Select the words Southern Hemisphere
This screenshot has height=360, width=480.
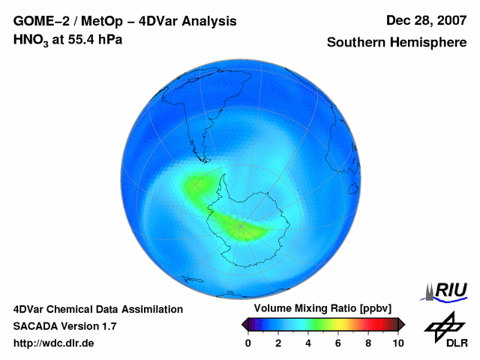click(396, 43)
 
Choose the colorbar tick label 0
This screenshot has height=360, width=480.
click(248, 343)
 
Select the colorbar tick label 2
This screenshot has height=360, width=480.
click(278, 343)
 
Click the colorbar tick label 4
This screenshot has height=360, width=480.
click(308, 343)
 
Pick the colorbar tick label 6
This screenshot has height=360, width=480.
click(338, 343)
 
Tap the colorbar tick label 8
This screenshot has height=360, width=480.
click(368, 343)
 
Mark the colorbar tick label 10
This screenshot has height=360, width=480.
click(397, 343)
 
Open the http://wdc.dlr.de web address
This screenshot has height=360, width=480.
click(54, 343)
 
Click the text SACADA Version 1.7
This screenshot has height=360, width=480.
click(64, 326)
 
